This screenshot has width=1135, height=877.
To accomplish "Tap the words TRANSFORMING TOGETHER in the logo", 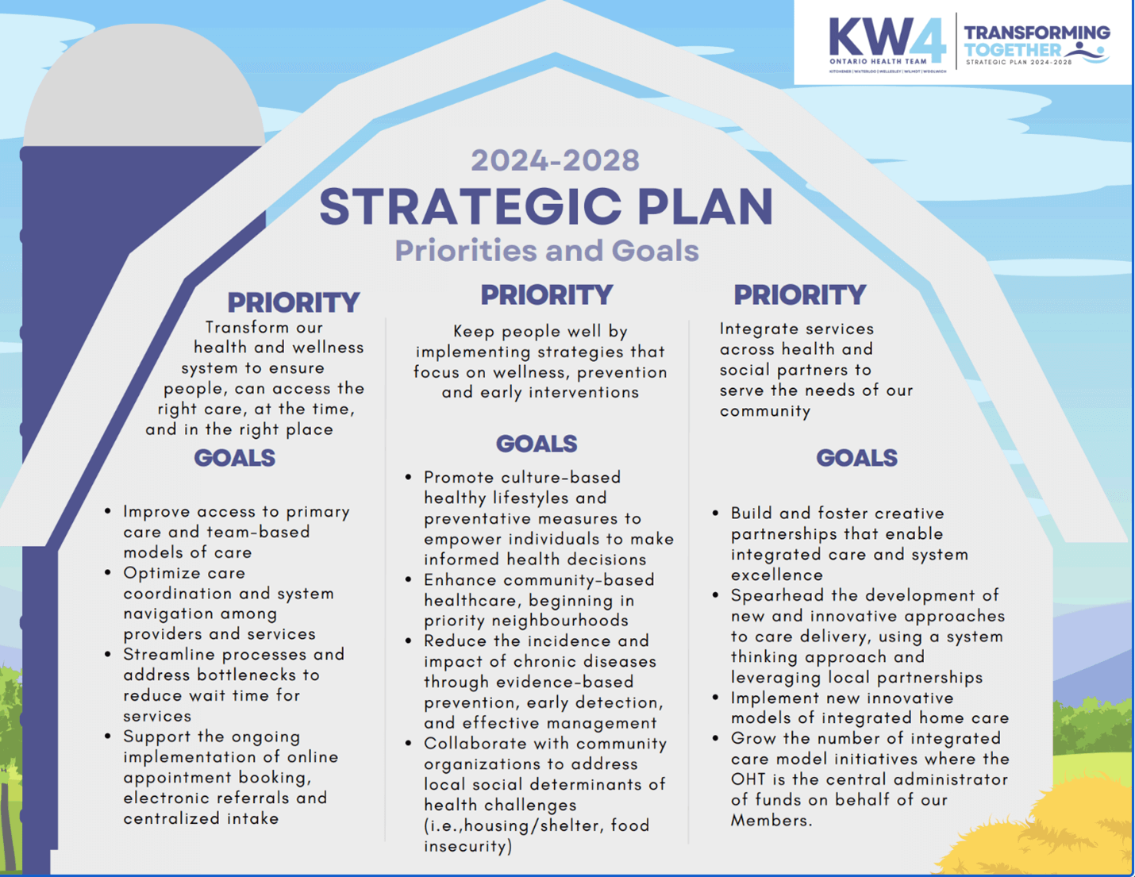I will pyautogui.click(x=1036, y=40).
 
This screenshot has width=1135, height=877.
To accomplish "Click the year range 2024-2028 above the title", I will pyautogui.click(x=555, y=160).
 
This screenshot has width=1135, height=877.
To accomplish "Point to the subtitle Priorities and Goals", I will pyautogui.click(x=547, y=251).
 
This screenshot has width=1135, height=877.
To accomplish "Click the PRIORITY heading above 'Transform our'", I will pyautogui.click(x=294, y=302).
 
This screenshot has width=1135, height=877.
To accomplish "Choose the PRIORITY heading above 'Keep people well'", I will pyautogui.click(x=547, y=295).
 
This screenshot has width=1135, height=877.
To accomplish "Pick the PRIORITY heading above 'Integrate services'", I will pyautogui.click(x=799, y=295).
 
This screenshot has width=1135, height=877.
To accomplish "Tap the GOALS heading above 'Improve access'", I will pyautogui.click(x=235, y=458).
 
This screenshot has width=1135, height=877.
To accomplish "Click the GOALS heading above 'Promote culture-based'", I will pyautogui.click(x=537, y=444).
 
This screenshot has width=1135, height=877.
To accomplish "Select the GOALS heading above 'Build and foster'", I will pyautogui.click(x=856, y=458).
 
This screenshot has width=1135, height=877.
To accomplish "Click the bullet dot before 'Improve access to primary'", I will pyautogui.click(x=108, y=511).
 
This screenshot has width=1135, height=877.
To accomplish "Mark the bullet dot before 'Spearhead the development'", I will pyautogui.click(x=716, y=594).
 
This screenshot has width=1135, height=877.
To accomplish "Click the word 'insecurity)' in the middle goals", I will pyautogui.click(x=467, y=846).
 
